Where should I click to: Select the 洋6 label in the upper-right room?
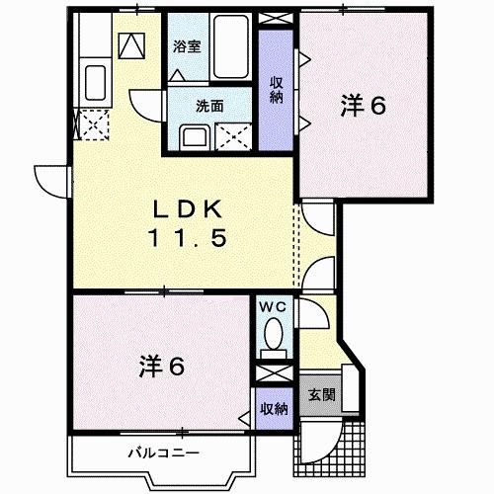[364, 104]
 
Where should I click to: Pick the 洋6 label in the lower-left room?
[161, 367]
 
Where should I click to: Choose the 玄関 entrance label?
[321, 394]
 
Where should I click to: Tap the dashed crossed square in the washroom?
[236, 136]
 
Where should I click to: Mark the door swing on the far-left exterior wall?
[50, 179]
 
